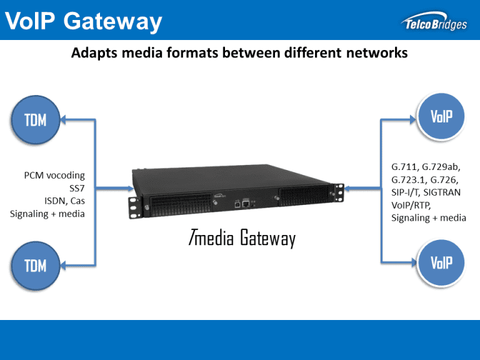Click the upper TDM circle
tap(36, 119)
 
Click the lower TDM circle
tap(36, 265)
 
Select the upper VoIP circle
tap(441, 116)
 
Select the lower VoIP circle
tap(441, 261)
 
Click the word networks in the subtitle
tap(375, 53)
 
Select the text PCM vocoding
tap(51, 175)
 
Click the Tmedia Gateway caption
tap(241, 238)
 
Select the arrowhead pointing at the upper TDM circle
tap(67, 119)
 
